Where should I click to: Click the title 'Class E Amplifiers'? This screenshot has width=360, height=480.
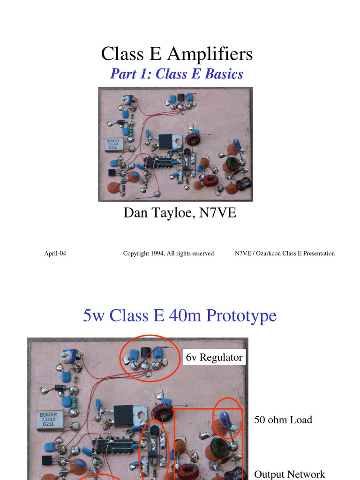pos(177,54)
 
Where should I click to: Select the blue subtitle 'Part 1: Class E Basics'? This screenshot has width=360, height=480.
pos(177,74)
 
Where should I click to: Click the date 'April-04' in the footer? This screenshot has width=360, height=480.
pos(55,254)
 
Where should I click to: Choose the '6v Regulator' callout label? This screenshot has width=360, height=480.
pos(214,358)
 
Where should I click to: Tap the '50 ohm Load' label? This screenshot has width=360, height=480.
pos(283,420)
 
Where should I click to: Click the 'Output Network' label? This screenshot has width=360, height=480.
pos(289,474)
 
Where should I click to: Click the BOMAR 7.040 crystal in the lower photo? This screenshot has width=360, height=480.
pos(49,420)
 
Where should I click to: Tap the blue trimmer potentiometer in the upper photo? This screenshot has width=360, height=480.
pos(126,100)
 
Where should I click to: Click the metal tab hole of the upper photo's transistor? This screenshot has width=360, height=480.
pos(177,140)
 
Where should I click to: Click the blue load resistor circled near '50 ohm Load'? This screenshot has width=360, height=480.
pos(226,419)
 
